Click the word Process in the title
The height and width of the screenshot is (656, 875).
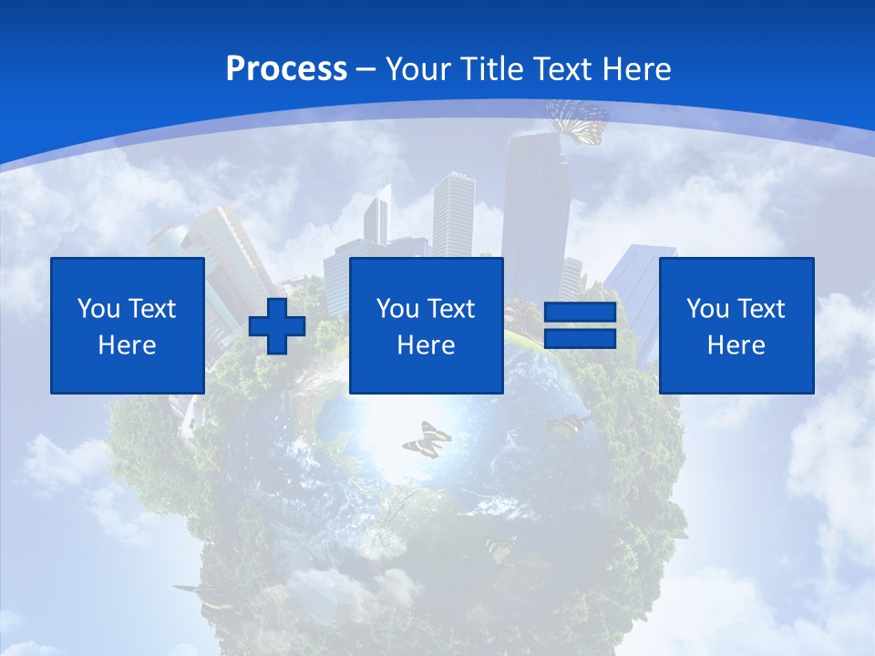[x=286, y=69]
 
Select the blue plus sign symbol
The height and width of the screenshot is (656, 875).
[x=277, y=325]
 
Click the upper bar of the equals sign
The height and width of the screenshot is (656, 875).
[x=580, y=313]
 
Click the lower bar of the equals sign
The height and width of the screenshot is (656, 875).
[x=580, y=339]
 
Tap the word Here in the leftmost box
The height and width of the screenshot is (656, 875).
[x=127, y=345]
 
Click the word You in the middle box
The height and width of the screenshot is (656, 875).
[x=397, y=309]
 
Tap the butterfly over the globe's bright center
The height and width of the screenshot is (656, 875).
[x=427, y=439]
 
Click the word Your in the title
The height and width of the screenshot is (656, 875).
[x=418, y=69]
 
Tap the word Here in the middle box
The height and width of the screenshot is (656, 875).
[x=426, y=345]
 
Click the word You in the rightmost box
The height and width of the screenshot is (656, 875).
[x=707, y=309]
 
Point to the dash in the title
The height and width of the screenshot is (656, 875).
[x=366, y=69]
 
